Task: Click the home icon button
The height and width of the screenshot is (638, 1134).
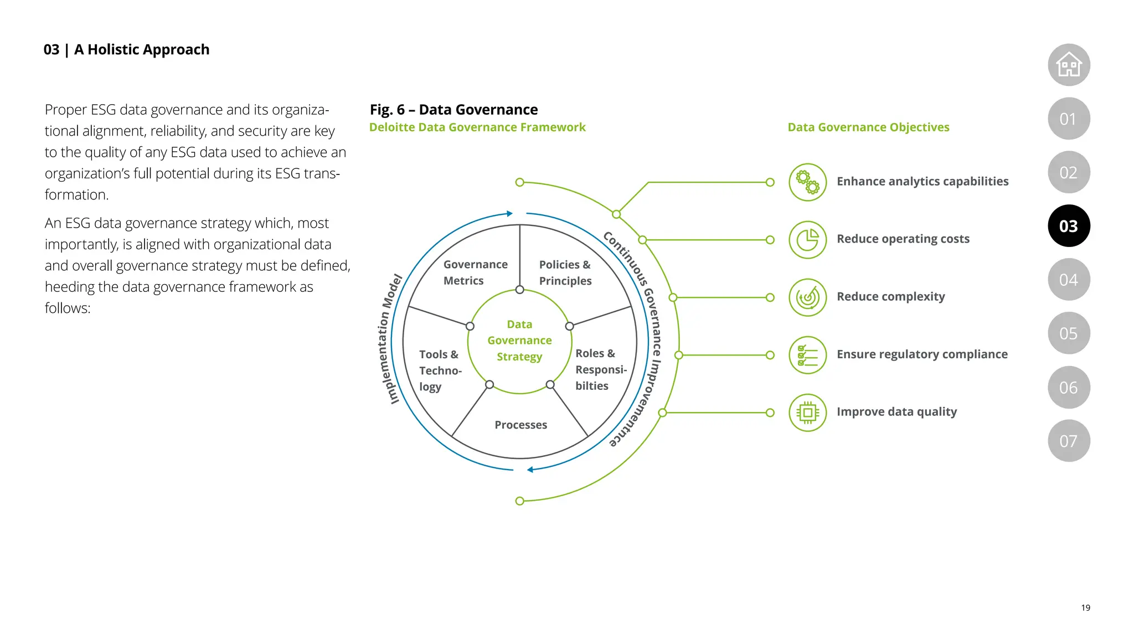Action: click(x=1069, y=65)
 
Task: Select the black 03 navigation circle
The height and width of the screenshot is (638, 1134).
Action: click(x=1069, y=226)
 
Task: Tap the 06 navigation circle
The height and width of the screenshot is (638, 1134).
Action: click(x=1069, y=387)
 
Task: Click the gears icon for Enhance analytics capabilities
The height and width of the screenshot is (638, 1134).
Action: click(x=807, y=182)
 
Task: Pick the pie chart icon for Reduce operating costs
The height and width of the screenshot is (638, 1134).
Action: click(x=807, y=240)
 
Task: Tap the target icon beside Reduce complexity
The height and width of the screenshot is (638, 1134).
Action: click(x=807, y=297)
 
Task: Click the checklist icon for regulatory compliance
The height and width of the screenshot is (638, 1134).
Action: click(x=807, y=355)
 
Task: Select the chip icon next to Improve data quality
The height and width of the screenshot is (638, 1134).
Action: click(x=807, y=413)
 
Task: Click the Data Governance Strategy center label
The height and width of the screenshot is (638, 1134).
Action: click(x=519, y=341)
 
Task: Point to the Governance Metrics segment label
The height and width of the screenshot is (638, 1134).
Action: click(x=475, y=272)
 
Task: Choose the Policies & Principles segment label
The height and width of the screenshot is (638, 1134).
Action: click(x=565, y=272)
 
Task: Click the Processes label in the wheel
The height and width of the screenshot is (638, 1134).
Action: click(x=520, y=425)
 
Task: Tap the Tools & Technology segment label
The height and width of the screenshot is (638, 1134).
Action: click(x=440, y=371)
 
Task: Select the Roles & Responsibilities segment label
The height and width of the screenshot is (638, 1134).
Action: click(x=600, y=369)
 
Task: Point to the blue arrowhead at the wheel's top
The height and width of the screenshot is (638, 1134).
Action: click(x=509, y=214)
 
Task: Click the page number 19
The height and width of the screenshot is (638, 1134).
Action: click(x=1085, y=608)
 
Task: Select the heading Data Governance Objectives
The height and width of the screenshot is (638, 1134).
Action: click(x=868, y=127)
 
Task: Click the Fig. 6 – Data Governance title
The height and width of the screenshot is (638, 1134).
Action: click(x=453, y=110)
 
